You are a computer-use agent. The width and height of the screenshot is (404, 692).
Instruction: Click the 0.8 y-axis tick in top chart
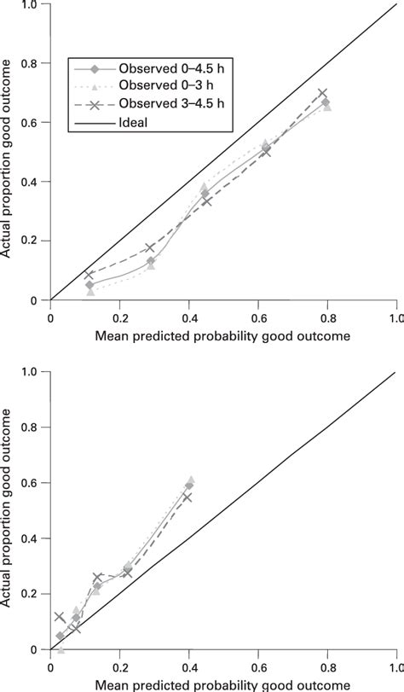point(32,63)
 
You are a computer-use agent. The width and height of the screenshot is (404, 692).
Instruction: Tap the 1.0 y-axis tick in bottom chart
point(32,371)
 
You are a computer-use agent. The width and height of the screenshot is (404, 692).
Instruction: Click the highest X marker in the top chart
point(322,93)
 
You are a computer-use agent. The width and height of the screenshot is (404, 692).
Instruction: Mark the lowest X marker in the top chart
point(89,275)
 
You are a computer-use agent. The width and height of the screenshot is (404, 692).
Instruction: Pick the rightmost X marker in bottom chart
point(188,497)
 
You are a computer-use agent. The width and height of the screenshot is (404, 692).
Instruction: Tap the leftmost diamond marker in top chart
point(90,285)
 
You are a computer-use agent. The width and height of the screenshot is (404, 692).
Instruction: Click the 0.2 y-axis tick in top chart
point(32,241)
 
